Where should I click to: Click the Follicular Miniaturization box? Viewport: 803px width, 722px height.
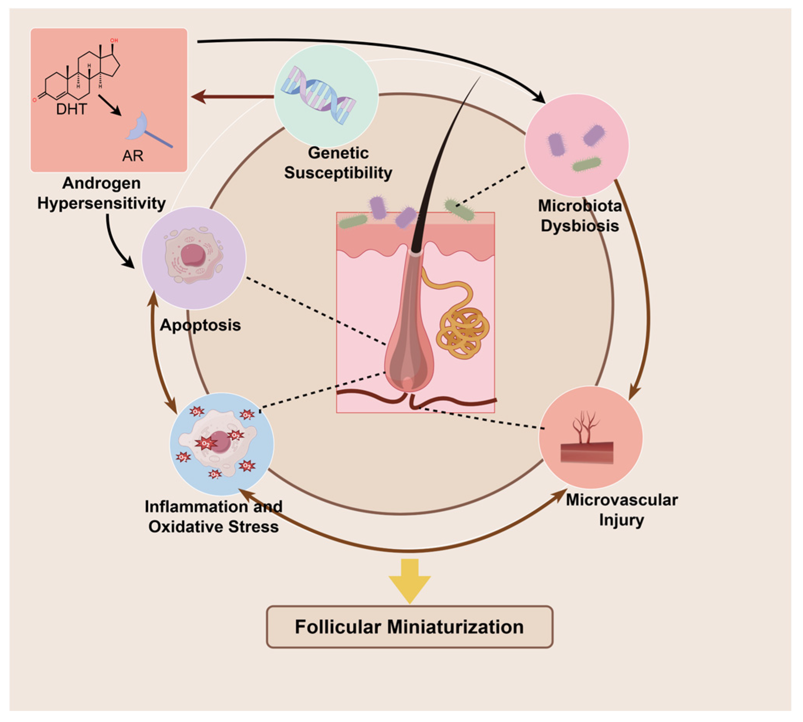point(409,627)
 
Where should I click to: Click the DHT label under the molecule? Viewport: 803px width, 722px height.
point(71,109)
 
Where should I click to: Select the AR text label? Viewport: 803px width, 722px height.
point(133,156)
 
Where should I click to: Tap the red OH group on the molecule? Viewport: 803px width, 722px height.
point(114,40)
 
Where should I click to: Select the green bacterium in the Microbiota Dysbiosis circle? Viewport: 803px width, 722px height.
point(586,164)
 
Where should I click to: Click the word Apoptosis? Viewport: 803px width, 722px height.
point(200,325)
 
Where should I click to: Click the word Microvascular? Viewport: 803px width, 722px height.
point(621,500)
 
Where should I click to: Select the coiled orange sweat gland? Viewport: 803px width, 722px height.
point(462,331)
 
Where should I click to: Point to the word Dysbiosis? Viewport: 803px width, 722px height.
point(579,226)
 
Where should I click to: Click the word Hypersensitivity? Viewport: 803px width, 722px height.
point(101,203)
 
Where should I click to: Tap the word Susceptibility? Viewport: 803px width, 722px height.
point(338,173)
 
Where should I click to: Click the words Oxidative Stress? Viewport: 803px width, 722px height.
point(213,527)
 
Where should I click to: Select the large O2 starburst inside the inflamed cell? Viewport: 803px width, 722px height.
point(205,444)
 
